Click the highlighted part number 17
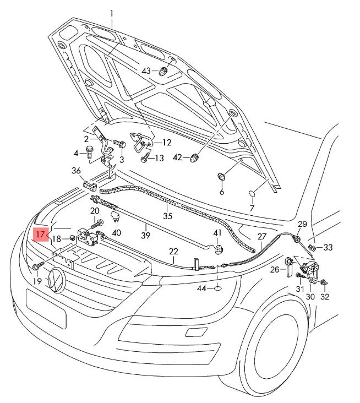click(x=40, y=235)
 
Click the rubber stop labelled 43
click(x=163, y=72)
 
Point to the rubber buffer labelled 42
click(x=194, y=158)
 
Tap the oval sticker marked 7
click(x=252, y=194)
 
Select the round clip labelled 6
click(x=221, y=178)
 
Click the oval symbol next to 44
click(x=217, y=288)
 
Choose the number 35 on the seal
click(x=168, y=215)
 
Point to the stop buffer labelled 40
click(x=116, y=214)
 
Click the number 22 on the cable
click(x=173, y=252)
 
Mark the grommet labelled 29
click(x=296, y=239)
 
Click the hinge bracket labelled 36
click(x=88, y=184)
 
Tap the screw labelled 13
click(x=144, y=159)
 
